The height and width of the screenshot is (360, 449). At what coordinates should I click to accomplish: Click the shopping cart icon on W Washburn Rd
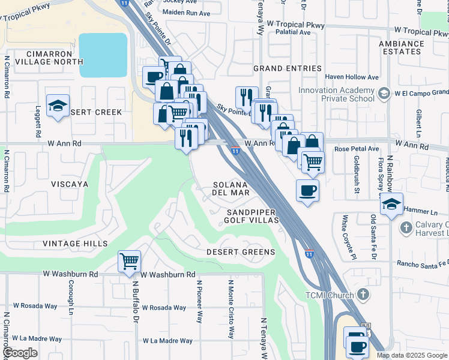coord(129,262)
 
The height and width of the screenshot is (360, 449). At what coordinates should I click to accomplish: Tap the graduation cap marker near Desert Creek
coord(58,106)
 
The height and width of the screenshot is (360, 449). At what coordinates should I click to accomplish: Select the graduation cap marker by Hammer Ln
coord(391,204)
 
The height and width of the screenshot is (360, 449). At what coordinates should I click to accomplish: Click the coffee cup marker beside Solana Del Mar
coord(307,191)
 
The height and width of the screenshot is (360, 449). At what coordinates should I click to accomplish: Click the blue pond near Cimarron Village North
coord(103,55)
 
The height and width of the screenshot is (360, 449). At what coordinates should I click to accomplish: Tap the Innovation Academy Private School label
coord(336,95)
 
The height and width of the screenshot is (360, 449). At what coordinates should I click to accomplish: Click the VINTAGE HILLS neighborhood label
coord(75,244)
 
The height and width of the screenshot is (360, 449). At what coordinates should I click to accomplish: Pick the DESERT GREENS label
coord(241,252)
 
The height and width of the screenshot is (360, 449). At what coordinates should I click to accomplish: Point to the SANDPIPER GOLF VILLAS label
coord(253,217)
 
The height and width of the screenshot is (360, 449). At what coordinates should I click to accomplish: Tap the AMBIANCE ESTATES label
coord(401,47)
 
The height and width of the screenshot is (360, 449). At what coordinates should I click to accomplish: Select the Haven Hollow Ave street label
coord(352,77)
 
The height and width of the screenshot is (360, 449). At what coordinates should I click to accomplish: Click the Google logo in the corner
coord(20,353)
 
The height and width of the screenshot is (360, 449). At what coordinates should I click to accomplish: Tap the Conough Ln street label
coord(70,299)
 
